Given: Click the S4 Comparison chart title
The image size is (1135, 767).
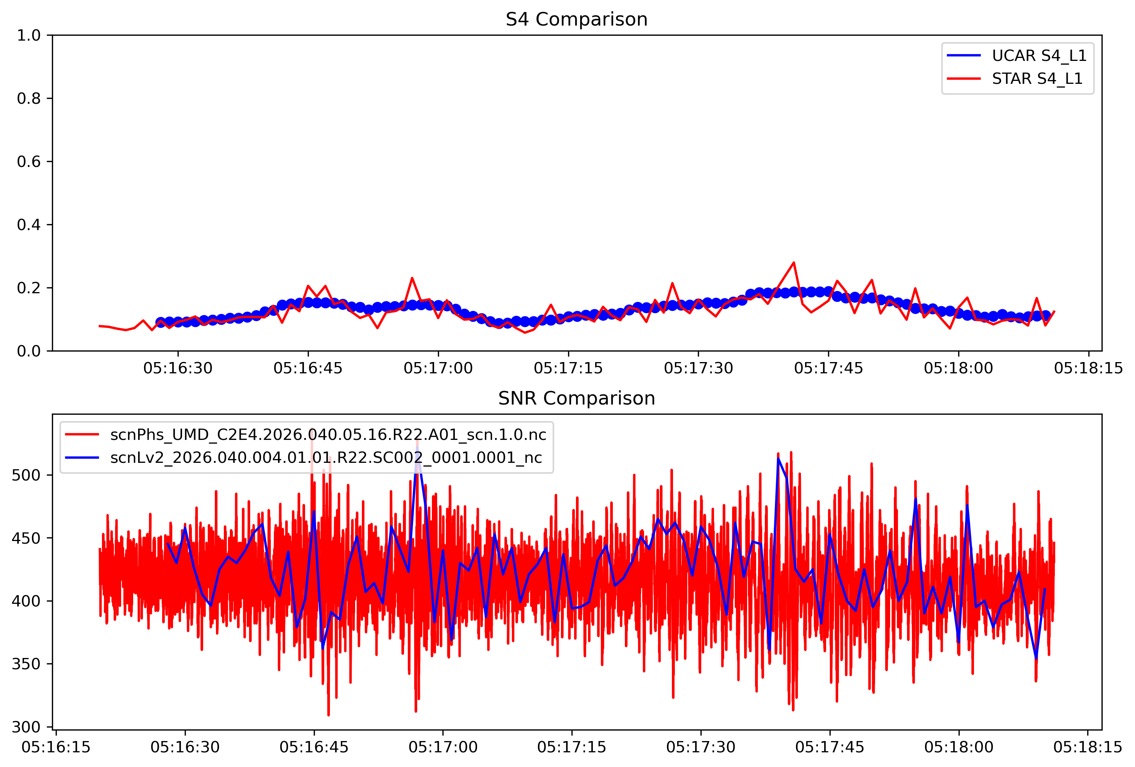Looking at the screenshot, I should tap(576, 20).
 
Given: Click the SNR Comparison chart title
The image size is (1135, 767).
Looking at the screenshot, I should tap(576, 399).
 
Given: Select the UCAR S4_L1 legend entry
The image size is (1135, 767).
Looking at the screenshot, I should tap(1039, 56).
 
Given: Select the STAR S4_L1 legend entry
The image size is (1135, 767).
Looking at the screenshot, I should tap(1037, 79).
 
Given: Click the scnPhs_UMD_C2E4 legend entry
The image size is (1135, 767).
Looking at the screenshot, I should tap(328, 435).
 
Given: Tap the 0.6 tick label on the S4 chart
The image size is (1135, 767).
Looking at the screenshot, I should tap(29, 162).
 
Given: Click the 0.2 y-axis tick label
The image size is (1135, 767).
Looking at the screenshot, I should tap(29, 288).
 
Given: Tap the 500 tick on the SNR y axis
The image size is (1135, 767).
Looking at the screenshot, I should tap(26, 475).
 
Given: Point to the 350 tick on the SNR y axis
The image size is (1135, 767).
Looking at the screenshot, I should tap(26, 664).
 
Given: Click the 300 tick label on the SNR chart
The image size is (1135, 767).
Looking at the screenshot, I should tap(26, 727).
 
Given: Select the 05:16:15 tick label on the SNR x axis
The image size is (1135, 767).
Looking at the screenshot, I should tap(56, 747).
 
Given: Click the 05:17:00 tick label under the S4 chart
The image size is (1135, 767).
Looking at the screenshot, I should tap(438, 368).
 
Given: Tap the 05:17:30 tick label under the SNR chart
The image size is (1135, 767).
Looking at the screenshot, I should tap(701, 747).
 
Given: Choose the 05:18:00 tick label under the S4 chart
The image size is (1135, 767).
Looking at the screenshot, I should tap(958, 368).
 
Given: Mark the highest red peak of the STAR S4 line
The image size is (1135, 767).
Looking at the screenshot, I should tap(794, 263).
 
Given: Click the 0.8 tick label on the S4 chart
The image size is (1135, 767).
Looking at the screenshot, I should tap(29, 99).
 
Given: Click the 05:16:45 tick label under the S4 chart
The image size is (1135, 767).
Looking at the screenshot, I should tap(308, 368).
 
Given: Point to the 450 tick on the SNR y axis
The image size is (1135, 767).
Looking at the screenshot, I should tap(26, 538).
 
